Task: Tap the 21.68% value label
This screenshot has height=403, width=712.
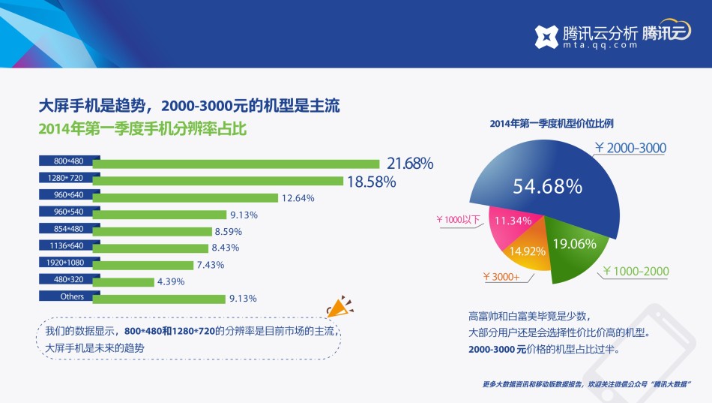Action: (410, 163)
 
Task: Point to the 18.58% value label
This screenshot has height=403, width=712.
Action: (370, 181)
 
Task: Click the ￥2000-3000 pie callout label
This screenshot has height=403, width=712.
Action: (630, 148)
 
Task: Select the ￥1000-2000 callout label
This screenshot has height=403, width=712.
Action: (636, 271)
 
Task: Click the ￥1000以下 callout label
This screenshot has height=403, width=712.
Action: (459, 220)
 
